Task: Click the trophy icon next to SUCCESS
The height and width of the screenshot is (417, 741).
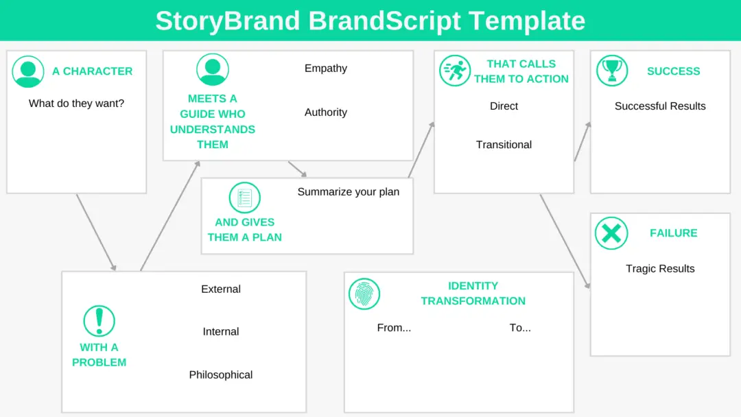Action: point(612,71)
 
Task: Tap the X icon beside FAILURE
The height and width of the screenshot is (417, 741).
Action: point(611,233)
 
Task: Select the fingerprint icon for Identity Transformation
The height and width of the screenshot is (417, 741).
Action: point(364,294)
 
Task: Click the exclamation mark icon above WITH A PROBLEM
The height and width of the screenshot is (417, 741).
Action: point(99,321)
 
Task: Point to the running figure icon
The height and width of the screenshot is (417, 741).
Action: point(455,71)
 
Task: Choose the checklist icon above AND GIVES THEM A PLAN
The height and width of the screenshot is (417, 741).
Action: point(244,198)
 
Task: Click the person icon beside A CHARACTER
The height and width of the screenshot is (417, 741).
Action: point(28,71)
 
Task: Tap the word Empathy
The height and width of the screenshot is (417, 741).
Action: point(326,69)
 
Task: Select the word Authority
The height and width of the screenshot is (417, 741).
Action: point(326,112)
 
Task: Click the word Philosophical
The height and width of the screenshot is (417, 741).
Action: point(221,375)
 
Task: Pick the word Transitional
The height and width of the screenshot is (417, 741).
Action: point(504,145)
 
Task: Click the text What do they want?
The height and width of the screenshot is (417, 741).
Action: point(76,104)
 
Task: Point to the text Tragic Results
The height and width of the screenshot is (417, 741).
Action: point(660,269)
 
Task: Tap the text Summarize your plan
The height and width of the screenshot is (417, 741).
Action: point(348,192)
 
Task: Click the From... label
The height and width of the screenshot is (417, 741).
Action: point(394,328)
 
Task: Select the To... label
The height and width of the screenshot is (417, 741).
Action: point(520,328)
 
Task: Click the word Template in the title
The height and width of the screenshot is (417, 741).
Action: point(532,21)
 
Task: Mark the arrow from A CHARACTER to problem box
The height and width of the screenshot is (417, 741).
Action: point(96,233)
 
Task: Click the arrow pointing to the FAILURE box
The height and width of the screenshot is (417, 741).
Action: point(565,241)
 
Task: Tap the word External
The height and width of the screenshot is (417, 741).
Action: point(221,289)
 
